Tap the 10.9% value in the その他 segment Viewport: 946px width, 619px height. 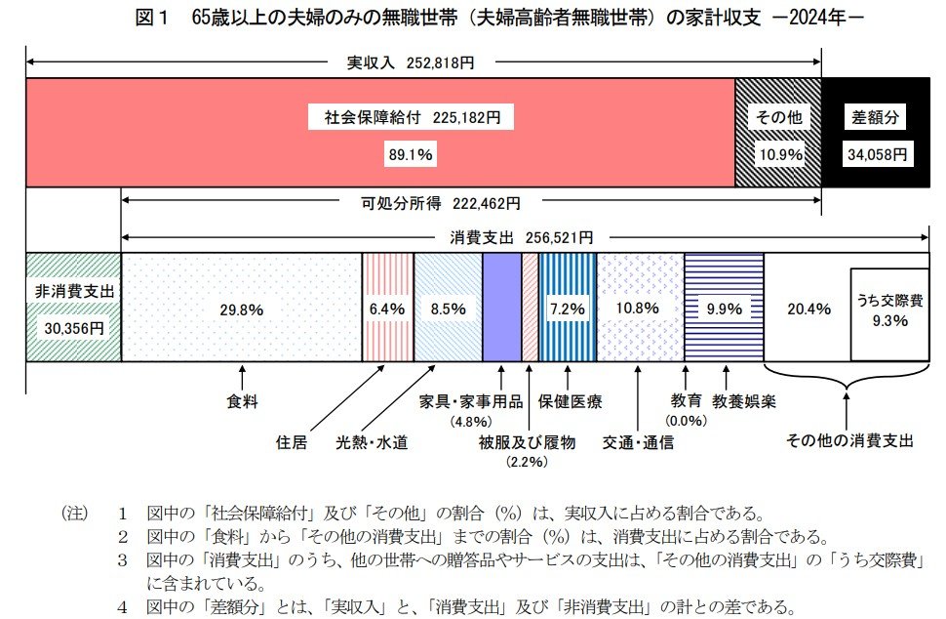click(778, 154)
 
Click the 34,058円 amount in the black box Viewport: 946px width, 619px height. click(875, 154)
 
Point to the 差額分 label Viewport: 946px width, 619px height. click(875, 118)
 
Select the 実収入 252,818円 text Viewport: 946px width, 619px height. click(411, 62)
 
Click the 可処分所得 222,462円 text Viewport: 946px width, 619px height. click(440, 203)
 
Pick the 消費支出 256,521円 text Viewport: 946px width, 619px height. click(521, 237)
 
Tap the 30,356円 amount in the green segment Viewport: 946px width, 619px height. click(74, 328)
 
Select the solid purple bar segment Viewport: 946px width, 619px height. click(501, 308)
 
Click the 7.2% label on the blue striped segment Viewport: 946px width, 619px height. click(567, 309)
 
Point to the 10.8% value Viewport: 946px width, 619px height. click(639, 309)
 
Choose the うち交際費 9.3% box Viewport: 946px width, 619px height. click(888, 309)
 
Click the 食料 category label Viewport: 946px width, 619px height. click(242, 401)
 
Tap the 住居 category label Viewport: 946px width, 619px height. click(293, 441)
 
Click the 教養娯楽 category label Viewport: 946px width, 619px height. click(744, 401)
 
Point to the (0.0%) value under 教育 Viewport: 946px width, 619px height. click(686, 420)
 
